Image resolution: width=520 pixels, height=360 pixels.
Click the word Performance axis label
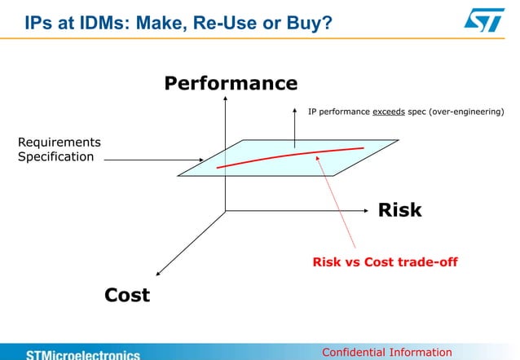[231, 84]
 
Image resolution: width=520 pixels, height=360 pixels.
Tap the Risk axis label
[399, 210]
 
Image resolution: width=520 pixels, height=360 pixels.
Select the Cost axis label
[127, 295]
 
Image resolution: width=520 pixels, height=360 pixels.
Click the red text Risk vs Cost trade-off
[385, 262]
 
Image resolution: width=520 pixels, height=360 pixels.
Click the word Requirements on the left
[59, 142]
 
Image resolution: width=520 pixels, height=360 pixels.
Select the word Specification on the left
[56, 156]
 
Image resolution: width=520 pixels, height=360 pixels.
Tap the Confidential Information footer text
[387, 352]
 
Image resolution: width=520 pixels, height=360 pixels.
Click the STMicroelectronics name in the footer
[82, 354]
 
